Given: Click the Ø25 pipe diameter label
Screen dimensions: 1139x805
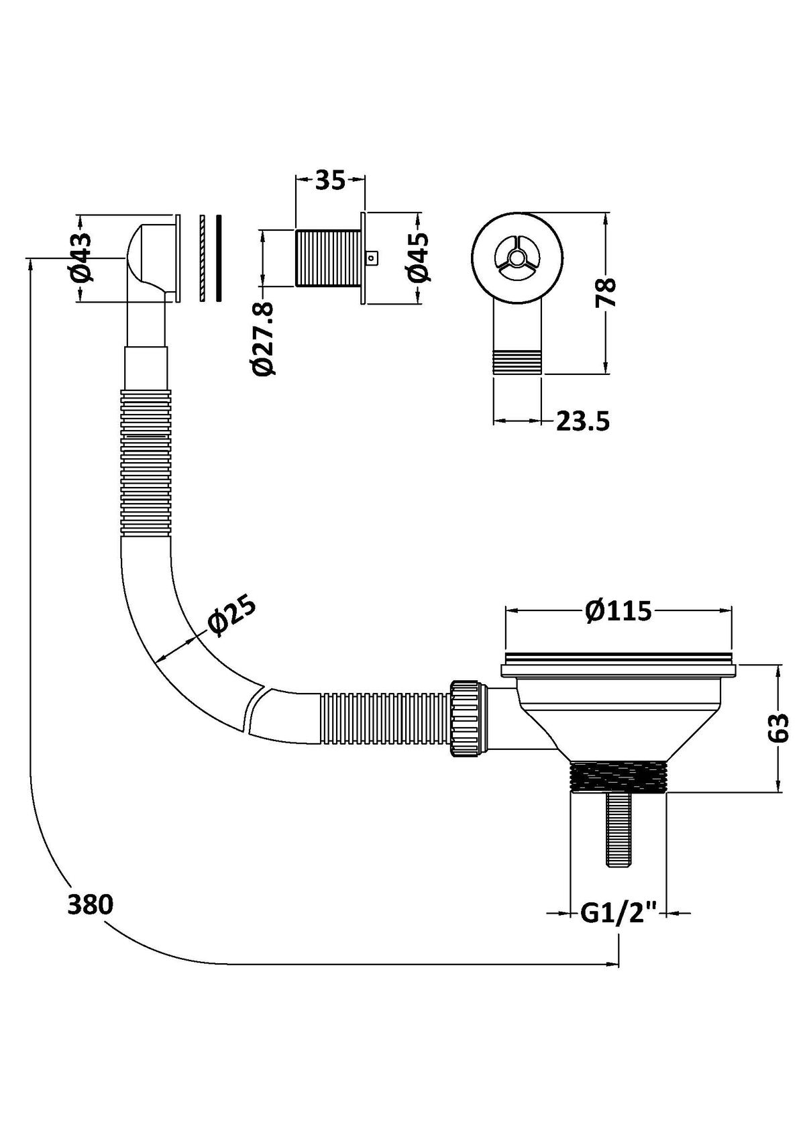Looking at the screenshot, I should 232,615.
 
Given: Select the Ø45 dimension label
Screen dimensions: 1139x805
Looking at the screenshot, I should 417,258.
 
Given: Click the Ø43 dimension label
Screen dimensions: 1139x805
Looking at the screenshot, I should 79,258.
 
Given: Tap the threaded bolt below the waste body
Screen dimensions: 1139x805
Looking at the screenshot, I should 616,830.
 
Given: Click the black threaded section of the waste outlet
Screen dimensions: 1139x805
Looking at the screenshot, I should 617,777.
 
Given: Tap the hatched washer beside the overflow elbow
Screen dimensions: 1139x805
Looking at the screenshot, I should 201,258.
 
